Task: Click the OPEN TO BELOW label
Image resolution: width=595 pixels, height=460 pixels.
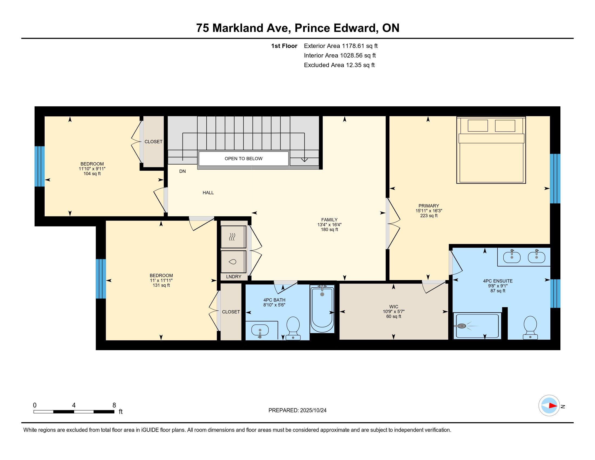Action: click(x=243, y=159)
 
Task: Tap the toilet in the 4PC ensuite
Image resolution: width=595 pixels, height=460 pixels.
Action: click(x=530, y=328)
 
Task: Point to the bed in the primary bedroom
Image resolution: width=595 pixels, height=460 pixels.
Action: click(x=491, y=150)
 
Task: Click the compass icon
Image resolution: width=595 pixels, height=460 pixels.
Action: click(x=549, y=405)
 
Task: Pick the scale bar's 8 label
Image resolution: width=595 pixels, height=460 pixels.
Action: click(x=114, y=405)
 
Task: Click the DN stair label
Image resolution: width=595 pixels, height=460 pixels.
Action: click(x=182, y=171)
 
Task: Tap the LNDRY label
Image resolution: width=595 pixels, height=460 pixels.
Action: click(x=233, y=277)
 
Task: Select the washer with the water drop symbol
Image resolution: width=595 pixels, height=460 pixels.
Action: click(x=233, y=262)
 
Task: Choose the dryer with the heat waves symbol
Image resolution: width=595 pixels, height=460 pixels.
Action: click(x=233, y=237)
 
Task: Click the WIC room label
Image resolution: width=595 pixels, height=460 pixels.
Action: click(x=394, y=307)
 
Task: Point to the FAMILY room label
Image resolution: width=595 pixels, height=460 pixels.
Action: click(x=329, y=220)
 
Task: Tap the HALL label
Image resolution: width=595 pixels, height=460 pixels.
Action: click(x=208, y=193)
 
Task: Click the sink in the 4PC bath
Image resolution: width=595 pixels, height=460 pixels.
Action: click(x=260, y=331)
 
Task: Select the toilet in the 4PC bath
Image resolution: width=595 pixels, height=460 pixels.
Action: click(x=293, y=328)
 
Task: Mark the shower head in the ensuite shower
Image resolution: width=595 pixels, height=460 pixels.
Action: click(x=461, y=326)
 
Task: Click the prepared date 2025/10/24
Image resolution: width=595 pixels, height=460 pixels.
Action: click(x=313, y=410)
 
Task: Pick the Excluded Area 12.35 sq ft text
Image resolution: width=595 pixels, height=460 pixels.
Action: click(x=339, y=65)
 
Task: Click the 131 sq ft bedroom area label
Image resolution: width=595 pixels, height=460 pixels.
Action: click(x=161, y=285)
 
